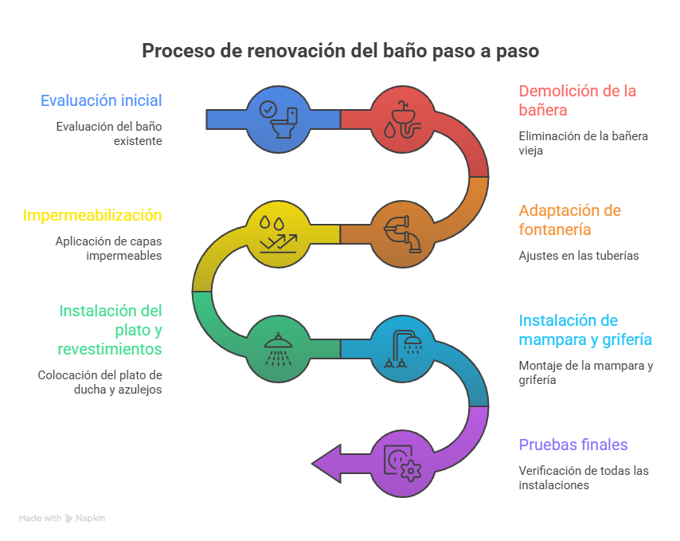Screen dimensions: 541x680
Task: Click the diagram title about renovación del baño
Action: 340,51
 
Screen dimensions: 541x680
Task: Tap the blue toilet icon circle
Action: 278,119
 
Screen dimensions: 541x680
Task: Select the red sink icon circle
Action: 402,119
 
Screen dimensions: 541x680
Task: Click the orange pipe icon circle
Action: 402,233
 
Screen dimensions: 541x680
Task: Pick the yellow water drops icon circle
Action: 278,233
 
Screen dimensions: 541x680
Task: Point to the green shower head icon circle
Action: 278,348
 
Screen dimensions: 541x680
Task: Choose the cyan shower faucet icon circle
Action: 402,348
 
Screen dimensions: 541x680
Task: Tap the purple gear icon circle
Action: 402,463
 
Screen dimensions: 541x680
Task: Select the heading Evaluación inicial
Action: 101,100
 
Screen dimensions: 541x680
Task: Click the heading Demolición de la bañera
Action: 577,100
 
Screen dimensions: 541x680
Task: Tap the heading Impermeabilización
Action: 92,215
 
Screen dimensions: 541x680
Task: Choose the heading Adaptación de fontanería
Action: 569,220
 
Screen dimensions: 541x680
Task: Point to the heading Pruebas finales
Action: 573,445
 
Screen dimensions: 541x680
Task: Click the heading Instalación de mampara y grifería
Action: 585,330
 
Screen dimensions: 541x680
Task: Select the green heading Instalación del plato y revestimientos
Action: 111,329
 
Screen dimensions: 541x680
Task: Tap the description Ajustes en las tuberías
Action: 579,256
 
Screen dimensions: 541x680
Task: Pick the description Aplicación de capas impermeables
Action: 108,248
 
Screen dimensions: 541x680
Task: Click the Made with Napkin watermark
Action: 62,518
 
